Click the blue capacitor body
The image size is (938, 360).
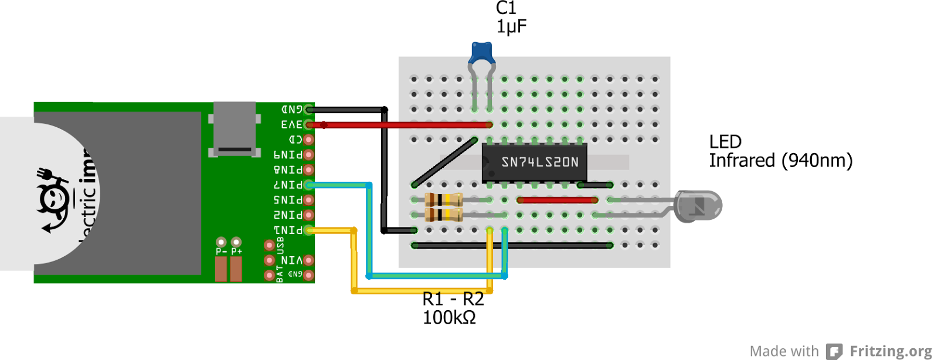point(482,52)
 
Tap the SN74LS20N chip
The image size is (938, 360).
point(534,161)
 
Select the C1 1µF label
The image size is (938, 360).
point(511,18)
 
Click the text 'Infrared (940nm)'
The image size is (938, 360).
point(780,161)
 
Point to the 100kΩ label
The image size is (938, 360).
point(449,318)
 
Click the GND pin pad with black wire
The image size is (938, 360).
point(309,110)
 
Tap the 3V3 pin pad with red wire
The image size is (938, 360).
point(309,124)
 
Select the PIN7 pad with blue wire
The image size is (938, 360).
point(309,185)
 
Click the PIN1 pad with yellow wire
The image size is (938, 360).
point(309,230)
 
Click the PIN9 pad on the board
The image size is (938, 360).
point(309,155)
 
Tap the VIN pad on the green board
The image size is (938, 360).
point(309,260)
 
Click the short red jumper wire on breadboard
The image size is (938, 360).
point(557,200)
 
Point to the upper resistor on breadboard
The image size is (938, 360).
point(443,200)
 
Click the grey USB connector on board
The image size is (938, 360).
point(235,128)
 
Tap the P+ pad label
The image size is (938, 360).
point(236,251)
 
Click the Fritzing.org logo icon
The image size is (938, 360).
point(834,351)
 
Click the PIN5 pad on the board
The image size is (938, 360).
point(309,200)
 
